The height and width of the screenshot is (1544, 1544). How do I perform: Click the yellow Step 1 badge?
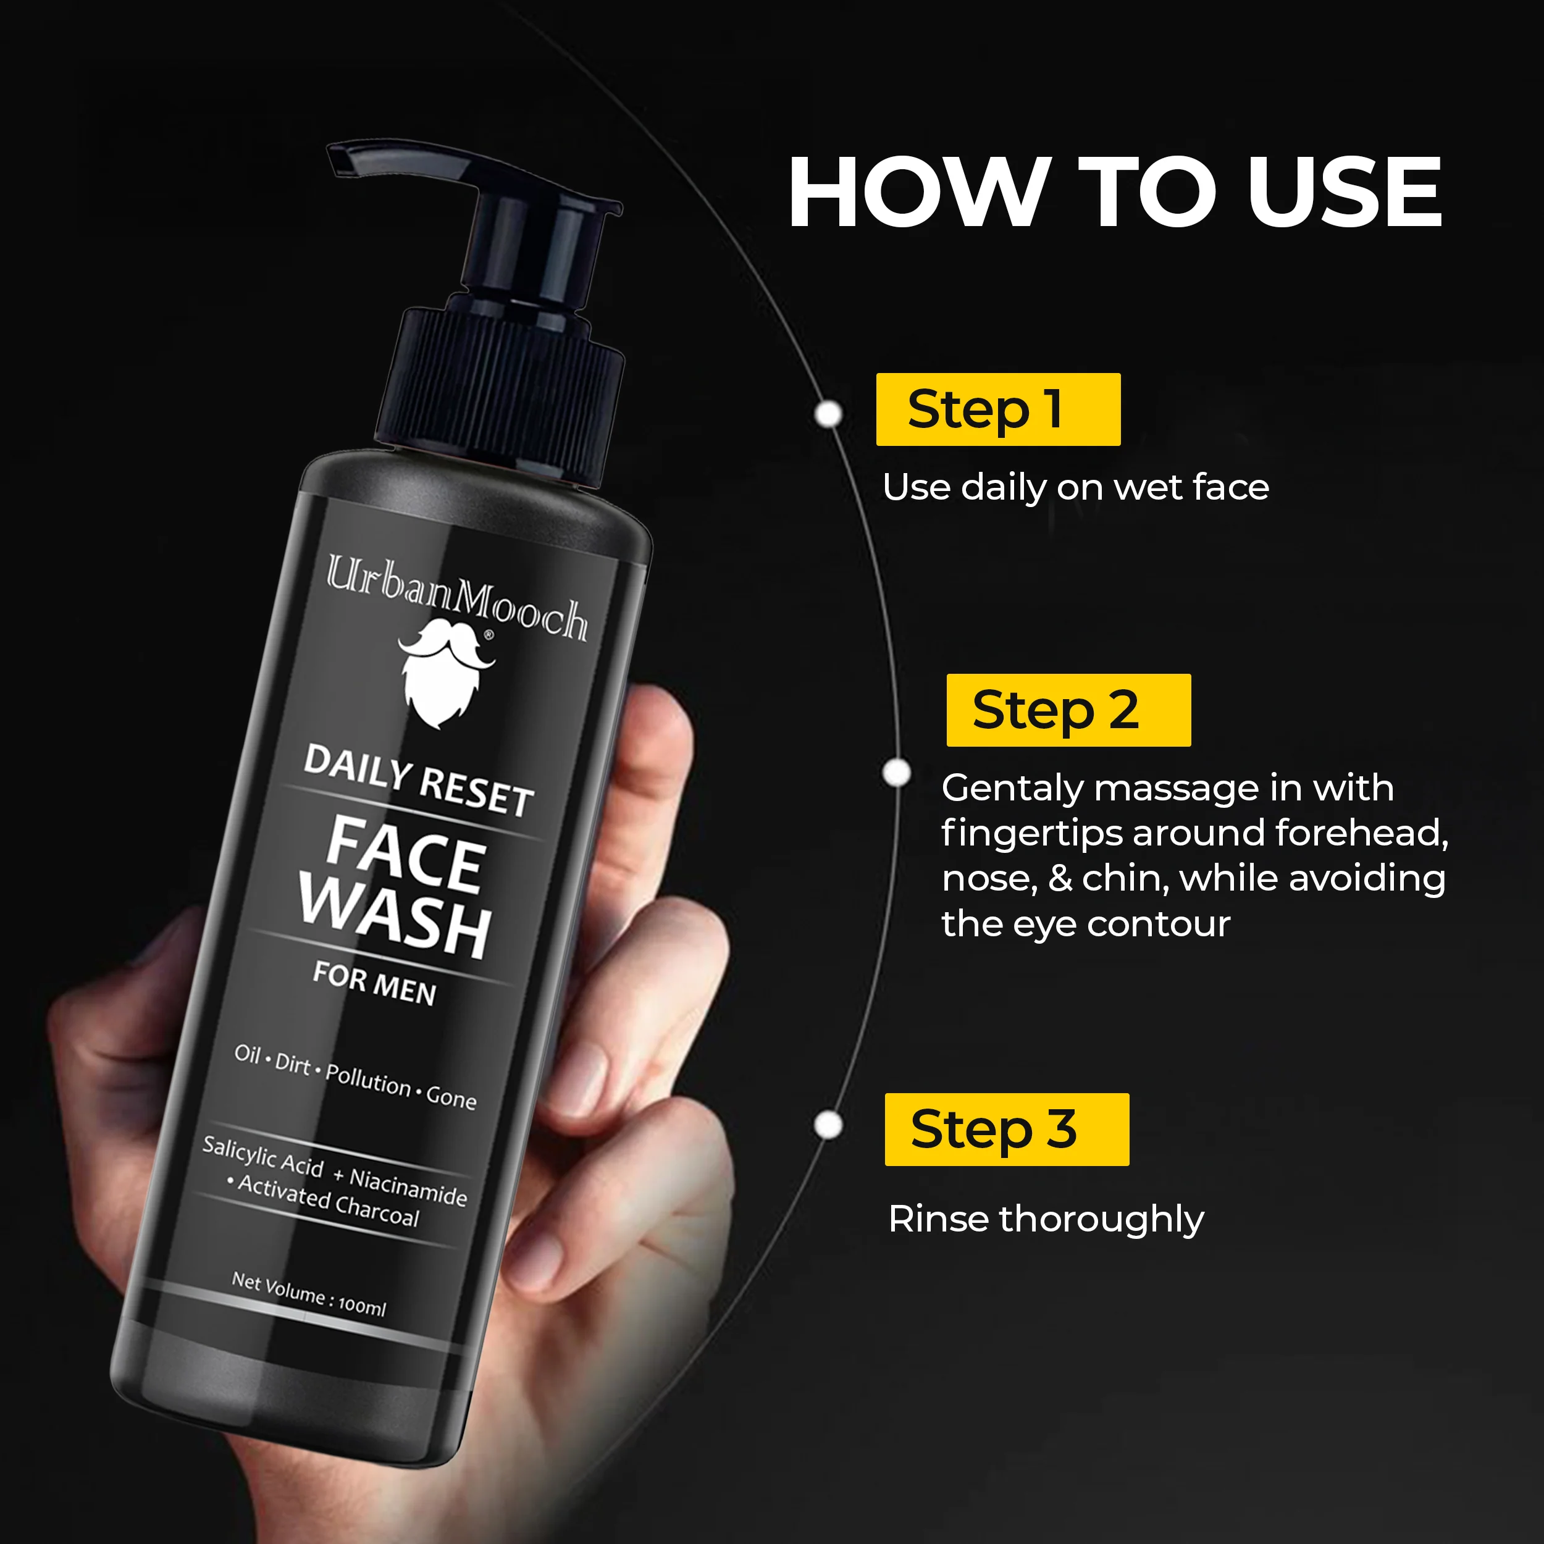[997, 409]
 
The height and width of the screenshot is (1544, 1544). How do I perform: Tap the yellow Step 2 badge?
[1068, 710]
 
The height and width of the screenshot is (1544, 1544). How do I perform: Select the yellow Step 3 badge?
[1006, 1128]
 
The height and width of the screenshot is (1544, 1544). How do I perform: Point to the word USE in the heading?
[1345, 193]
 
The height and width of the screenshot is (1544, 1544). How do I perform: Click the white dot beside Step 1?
[829, 414]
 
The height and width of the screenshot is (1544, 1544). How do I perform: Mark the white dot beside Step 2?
[897, 773]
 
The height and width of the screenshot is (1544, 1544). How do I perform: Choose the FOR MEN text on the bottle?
[375, 984]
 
